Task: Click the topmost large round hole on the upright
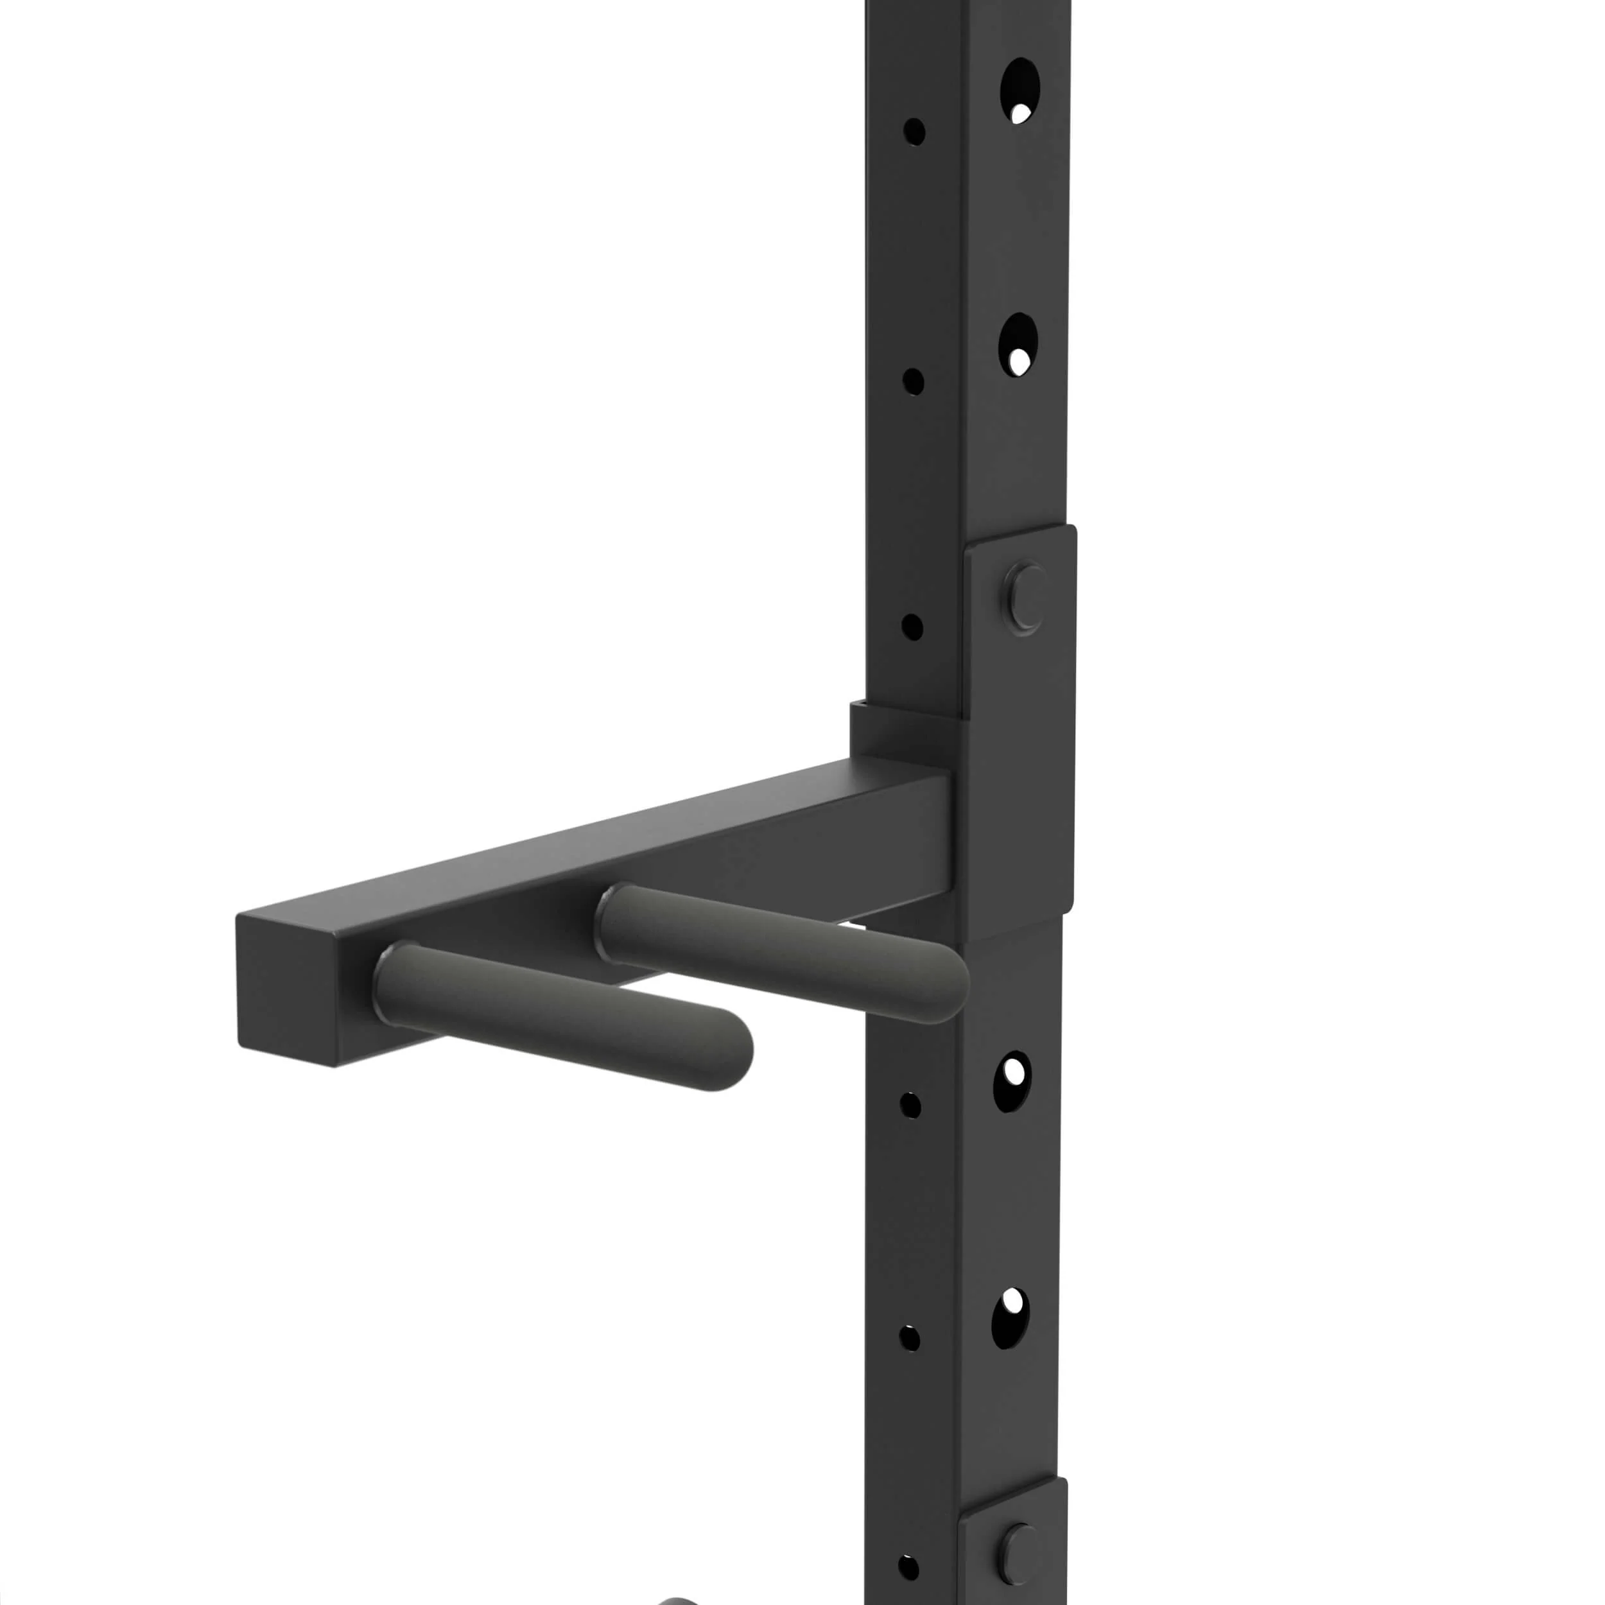click(1019, 90)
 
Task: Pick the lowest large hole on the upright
click(1010, 1319)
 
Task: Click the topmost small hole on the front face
click(914, 130)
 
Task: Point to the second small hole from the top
click(913, 381)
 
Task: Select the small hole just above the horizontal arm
click(912, 627)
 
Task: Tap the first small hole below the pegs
click(910, 1105)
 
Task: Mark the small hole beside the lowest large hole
click(910, 1339)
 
